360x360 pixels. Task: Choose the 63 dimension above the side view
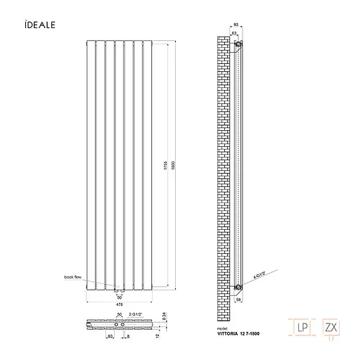233,33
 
